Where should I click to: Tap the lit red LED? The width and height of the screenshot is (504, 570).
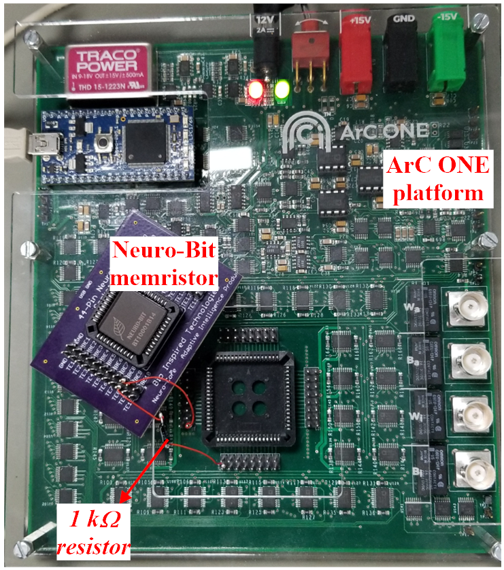coord(256,89)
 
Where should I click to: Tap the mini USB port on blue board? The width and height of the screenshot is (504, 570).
coord(59,144)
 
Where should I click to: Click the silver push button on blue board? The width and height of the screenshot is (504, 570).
coord(103,143)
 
